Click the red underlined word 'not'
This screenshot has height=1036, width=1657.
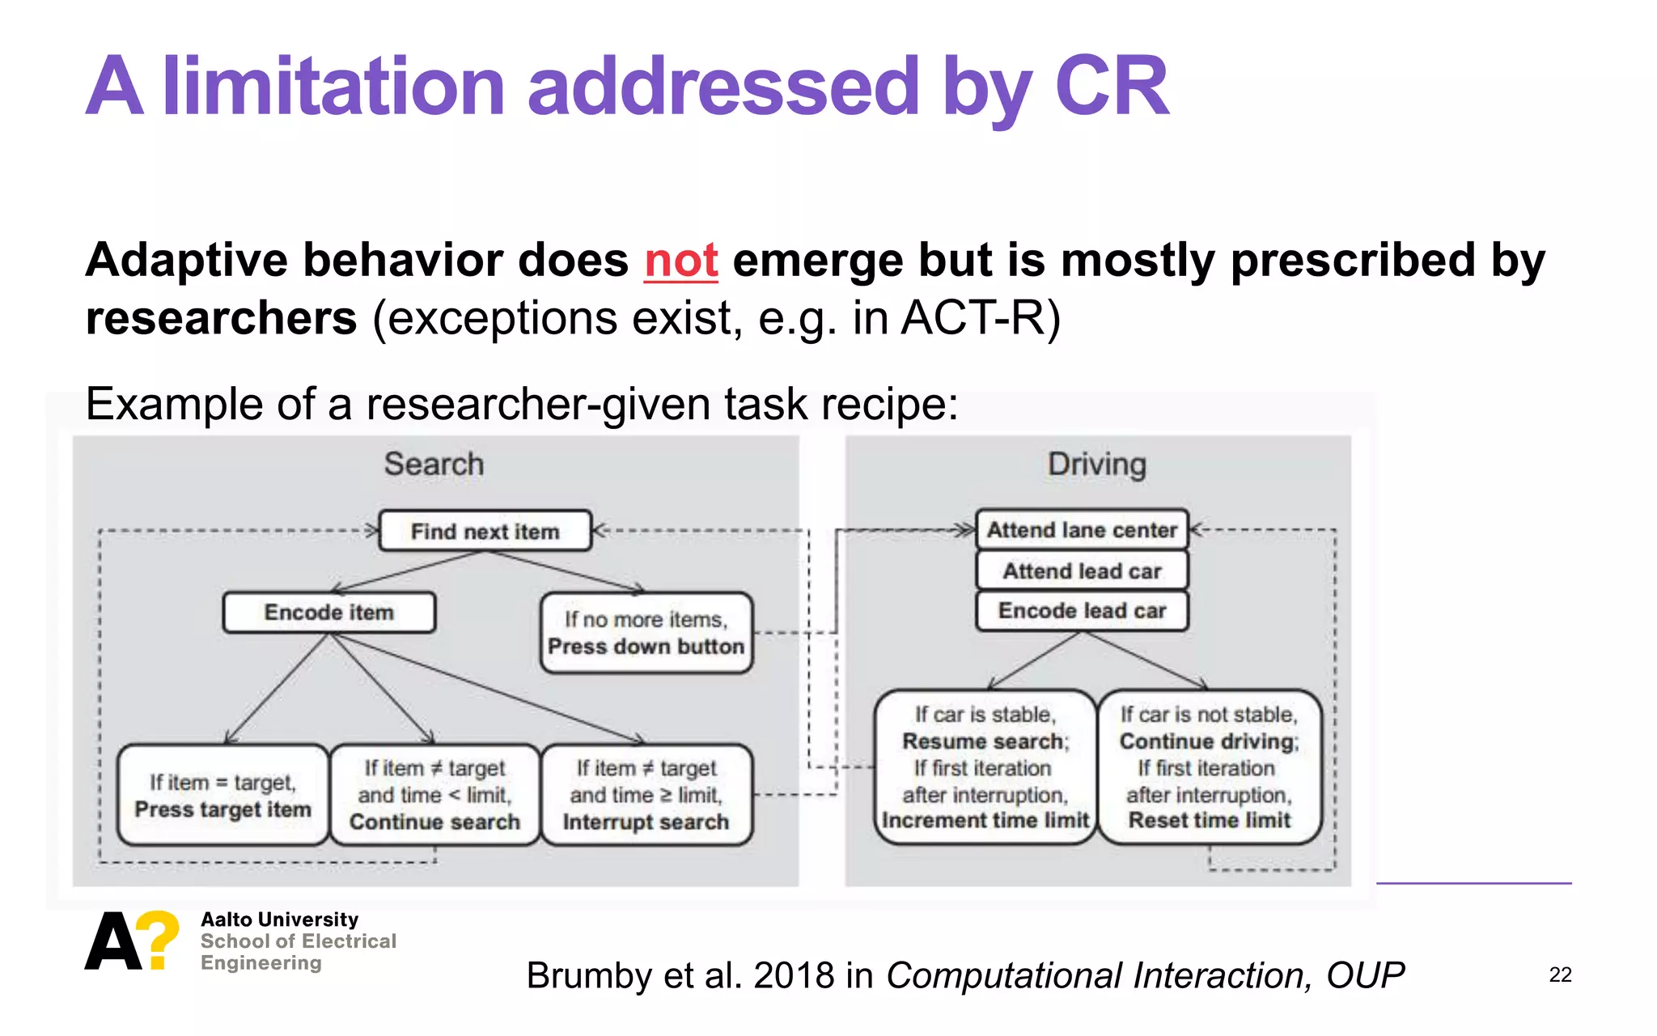(x=680, y=261)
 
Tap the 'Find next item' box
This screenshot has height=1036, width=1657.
(x=485, y=531)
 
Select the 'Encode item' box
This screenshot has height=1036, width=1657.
(x=329, y=613)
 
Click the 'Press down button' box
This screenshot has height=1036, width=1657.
(x=646, y=633)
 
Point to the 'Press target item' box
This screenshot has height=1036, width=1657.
(x=223, y=796)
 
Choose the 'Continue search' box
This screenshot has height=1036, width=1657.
(x=434, y=796)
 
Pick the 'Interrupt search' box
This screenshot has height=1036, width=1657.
(x=646, y=796)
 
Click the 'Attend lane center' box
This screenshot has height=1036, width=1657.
(x=1082, y=530)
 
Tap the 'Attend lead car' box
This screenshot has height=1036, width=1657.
(x=1082, y=571)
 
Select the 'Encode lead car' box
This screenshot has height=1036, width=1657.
(x=1082, y=611)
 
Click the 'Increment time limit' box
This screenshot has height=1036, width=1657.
(x=985, y=767)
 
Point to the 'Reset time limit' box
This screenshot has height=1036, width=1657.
(x=1209, y=767)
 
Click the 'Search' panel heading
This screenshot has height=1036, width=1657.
(x=434, y=465)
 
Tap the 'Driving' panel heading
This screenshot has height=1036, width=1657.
(x=1096, y=465)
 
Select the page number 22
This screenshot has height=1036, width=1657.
(x=1560, y=975)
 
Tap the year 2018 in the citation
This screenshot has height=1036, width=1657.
(x=794, y=976)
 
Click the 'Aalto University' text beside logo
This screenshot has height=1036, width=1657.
(x=279, y=919)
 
